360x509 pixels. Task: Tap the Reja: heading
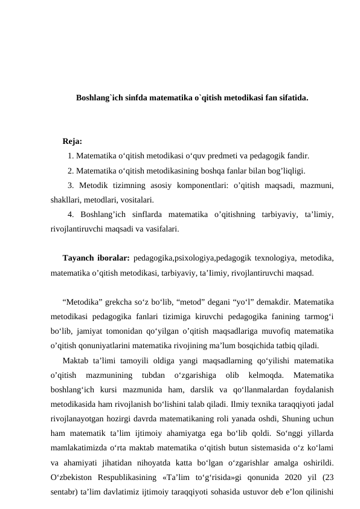click(x=72, y=142)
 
